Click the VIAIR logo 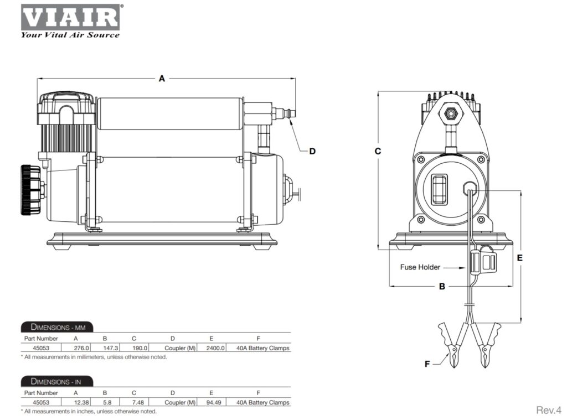[x=70, y=18]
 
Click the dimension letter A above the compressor [x=162, y=79]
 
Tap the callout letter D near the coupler [x=312, y=151]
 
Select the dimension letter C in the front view [x=378, y=151]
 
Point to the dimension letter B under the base [x=442, y=287]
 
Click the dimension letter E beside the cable [x=520, y=258]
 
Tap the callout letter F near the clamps [x=427, y=364]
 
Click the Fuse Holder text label [x=420, y=267]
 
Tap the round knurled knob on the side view [x=29, y=190]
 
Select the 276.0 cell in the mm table [x=82, y=348]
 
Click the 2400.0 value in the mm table [x=215, y=348]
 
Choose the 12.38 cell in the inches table [x=82, y=402]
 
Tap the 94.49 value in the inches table [x=215, y=402]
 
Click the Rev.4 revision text [x=549, y=410]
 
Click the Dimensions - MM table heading [x=57, y=326]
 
